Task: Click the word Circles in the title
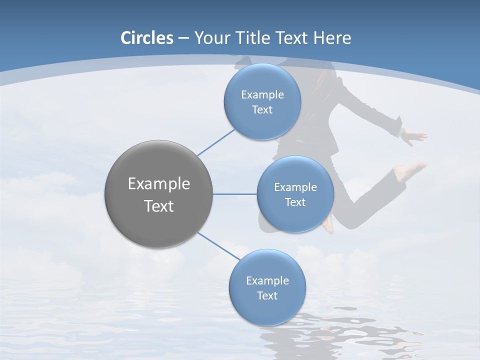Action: click(147, 38)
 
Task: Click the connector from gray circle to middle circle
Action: click(235, 194)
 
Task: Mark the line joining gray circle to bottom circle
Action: click(218, 245)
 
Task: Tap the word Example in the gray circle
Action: click(159, 183)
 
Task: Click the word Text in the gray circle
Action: click(159, 206)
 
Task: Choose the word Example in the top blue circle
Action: click(262, 94)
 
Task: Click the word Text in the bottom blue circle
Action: click(267, 295)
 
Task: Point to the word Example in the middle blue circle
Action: click(295, 187)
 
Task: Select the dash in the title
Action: click(183, 38)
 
